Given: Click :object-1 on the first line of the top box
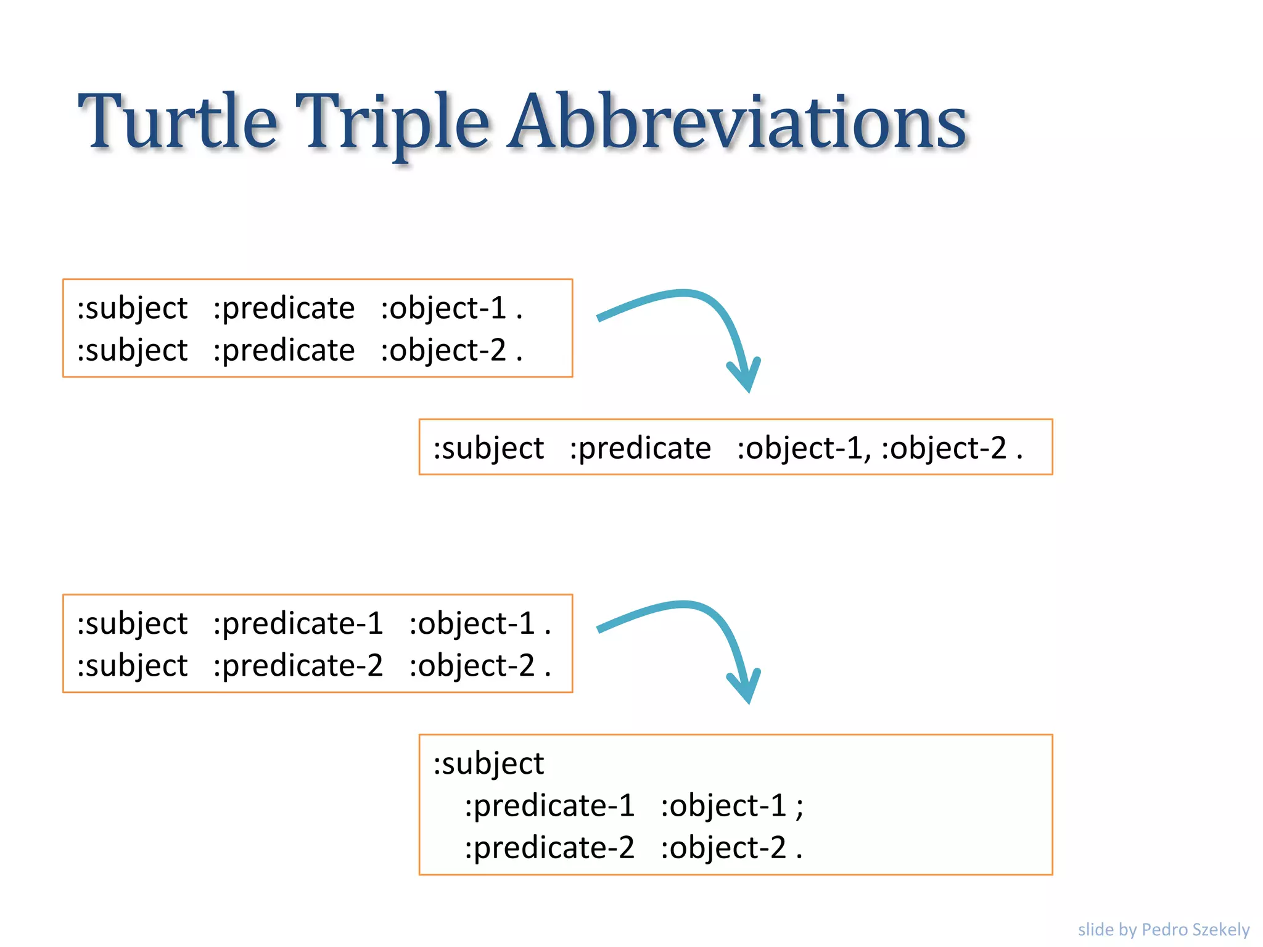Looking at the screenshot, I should pos(443,308).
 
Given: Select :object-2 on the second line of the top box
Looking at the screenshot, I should pos(443,350).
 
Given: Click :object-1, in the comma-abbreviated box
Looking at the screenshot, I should pos(804,448).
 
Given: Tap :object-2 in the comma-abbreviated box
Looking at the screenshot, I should pos(944,448).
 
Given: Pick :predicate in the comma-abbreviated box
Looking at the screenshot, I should pos(640,448).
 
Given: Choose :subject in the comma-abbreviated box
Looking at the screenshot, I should pos(488,448).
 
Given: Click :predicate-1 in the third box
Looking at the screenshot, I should pos(298,623).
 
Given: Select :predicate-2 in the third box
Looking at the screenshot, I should pos(298,665).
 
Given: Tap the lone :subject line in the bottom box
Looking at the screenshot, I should pos(488,763).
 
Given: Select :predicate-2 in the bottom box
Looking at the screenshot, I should pos(549,847).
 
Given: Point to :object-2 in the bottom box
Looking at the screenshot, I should pos(723,847).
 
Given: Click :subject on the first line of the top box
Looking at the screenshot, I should pos(132,308).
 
